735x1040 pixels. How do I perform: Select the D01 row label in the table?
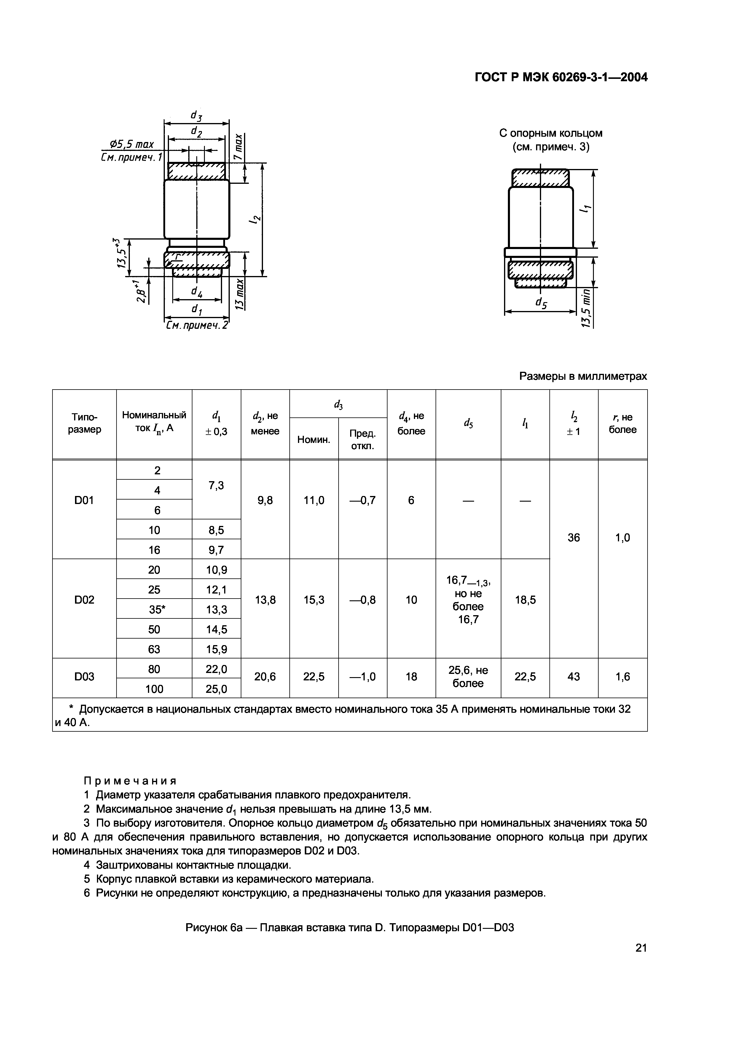tap(84, 500)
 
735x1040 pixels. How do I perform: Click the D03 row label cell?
tap(84, 677)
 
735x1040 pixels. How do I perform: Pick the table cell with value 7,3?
tap(216, 486)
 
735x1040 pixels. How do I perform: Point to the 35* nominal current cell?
tap(154, 610)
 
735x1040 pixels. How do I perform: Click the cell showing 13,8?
tap(265, 600)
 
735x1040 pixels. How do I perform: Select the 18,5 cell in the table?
tap(525, 600)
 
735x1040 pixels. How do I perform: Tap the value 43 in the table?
tap(574, 677)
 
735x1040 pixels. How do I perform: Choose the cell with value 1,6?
tap(623, 677)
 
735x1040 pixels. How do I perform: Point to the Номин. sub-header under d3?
tap(314, 439)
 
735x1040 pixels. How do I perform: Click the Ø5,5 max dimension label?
tap(132, 144)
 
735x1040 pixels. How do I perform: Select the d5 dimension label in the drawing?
tap(541, 303)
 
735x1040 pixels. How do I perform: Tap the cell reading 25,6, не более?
tap(468, 677)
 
